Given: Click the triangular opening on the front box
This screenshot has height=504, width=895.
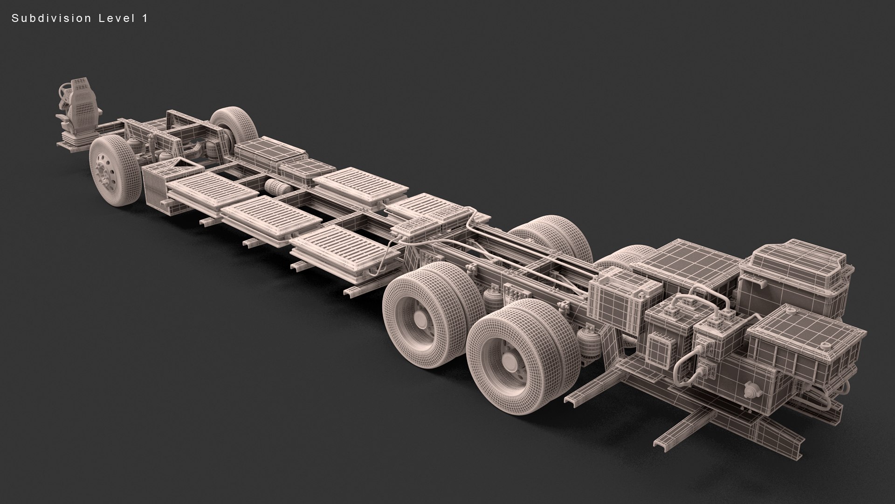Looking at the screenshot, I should coord(182,165).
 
